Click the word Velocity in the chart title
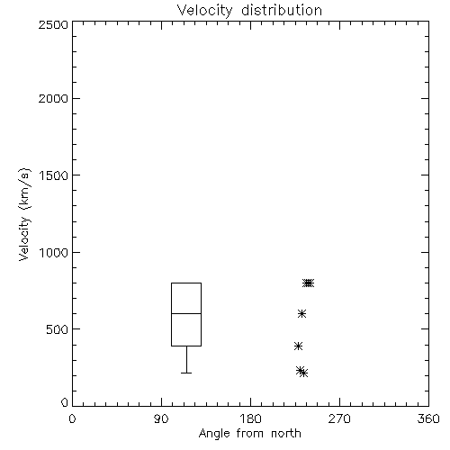[x=204, y=11]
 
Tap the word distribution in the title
[x=282, y=10]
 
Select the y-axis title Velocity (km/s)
[x=24, y=214]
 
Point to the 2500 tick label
[x=53, y=24]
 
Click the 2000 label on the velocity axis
[x=53, y=99]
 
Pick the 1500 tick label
[x=54, y=175]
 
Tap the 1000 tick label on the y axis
[x=54, y=253]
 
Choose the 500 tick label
[x=58, y=329]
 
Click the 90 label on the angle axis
[x=161, y=418]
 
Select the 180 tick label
[x=250, y=418]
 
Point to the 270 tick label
[x=339, y=418]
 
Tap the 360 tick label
[x=428, y=418]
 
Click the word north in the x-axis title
[x=286, y=434]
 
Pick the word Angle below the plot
[x=214, y=435]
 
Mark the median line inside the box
[x=186, y=313]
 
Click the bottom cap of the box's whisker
[x=186, y=373]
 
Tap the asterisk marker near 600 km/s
[x=301, y=314]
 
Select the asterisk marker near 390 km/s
[x=298, y=346]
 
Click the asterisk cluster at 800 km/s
[x=308, y=283]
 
